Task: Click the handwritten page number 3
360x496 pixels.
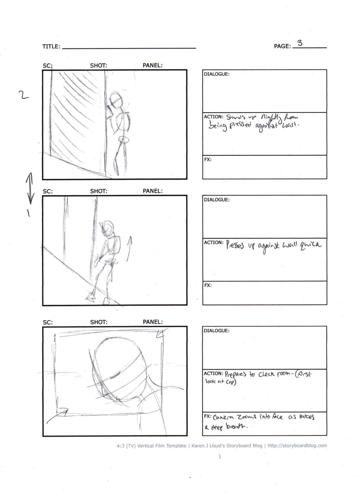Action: click(x=300, y=43)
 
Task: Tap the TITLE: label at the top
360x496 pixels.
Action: click(x=51, y=46)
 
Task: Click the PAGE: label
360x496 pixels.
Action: click(x=282, y=46)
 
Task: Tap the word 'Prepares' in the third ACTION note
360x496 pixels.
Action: click(x=235, y=374)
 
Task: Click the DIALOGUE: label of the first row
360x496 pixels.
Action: click(x=216, y=74)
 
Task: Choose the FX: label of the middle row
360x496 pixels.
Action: click(x=208, y=285)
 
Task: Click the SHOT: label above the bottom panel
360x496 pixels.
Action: click(x=99, y=322)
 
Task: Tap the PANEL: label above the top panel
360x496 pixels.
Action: click(x=152, y=65)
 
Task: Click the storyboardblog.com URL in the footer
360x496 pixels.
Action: click(x=297, y=445)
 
